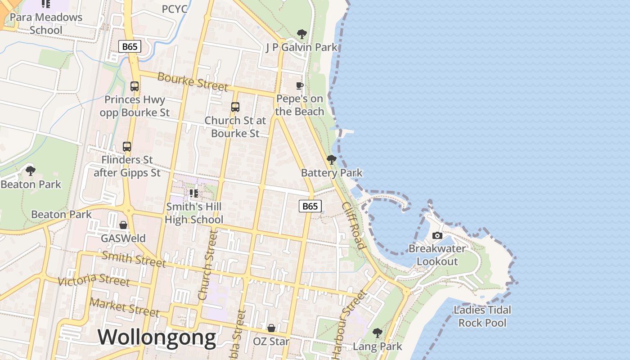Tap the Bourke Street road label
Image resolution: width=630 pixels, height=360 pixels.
click(193, 81)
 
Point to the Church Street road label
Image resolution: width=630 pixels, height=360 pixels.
click(207, 265)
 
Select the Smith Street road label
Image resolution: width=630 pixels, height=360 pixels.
click(134, 259)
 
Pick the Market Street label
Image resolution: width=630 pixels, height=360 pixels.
click(124, 307)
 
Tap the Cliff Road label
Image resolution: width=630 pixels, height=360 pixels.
click(353, 225)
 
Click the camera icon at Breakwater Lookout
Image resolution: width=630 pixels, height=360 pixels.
click(437, 235)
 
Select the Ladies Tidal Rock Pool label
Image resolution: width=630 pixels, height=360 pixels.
click(482, 316)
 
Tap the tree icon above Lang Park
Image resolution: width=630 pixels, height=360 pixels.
click(377, 333)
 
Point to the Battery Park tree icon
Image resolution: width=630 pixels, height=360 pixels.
click(332, 159)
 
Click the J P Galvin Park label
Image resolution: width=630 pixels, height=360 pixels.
click(301, 47)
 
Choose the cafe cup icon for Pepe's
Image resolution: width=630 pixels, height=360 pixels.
click(300, 85)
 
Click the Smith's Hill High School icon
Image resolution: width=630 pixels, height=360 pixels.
click(194, 193)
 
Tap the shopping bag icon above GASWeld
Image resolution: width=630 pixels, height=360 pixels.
click(123, 225)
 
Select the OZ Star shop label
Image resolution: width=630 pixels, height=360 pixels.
click(271, 342)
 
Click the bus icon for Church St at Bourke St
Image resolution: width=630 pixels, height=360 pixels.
click(235, 107)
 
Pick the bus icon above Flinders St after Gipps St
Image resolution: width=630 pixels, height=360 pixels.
click(127, 146)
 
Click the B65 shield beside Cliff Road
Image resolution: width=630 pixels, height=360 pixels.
click(310, 206)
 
